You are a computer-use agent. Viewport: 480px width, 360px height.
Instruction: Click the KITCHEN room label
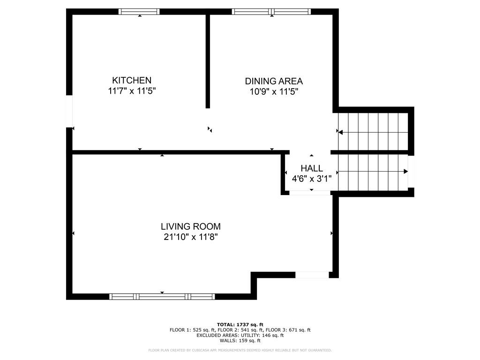132,80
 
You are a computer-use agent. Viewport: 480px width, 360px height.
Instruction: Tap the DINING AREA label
274,81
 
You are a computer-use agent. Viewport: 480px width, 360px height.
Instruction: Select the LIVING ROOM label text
191,226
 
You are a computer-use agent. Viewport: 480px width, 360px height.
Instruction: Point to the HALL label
312,168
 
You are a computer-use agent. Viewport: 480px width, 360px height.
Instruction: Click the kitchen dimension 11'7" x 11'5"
132,91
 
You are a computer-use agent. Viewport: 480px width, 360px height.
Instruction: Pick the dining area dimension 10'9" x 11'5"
274,91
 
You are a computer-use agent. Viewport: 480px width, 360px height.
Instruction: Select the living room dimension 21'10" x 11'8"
191,237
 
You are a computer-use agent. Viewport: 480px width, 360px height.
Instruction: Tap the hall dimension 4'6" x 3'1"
312,179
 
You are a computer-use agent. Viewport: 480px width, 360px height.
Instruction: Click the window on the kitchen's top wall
139,12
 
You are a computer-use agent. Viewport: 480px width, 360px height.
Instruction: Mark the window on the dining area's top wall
271,12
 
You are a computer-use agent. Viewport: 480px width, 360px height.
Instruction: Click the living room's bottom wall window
162,296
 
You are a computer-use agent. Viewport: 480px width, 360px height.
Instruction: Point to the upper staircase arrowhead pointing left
340,132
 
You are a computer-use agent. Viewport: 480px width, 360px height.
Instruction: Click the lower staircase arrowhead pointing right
405,172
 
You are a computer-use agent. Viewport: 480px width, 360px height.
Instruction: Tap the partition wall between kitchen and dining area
208,61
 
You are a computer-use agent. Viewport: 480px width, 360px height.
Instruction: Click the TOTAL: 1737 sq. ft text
240,324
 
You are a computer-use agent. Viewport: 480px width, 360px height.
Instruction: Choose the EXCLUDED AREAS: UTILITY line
240,335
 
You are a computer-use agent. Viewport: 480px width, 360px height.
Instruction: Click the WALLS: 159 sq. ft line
240,340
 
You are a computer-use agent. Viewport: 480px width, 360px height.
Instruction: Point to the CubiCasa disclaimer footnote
240,350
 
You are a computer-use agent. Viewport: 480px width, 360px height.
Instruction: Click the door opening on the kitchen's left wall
69,112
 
